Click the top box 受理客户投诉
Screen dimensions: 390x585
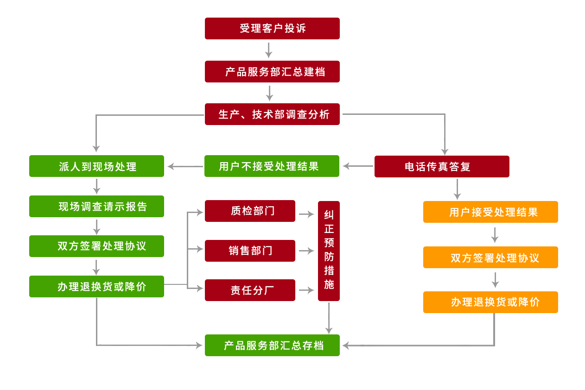tap(272, 28)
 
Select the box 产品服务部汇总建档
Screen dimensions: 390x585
tap(272, 71)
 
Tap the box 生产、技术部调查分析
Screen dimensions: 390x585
tap(272, 114)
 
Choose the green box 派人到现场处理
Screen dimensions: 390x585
tap(96, 166)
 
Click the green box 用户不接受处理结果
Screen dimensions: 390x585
tap(272, 166)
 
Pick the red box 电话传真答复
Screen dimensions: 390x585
tap(442, 166)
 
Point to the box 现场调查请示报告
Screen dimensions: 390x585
tap(96, 206)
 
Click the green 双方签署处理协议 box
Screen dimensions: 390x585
tap(96, 246)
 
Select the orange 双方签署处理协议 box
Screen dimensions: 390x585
tap(490, 257)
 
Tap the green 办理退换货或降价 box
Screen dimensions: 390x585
tap(96, 286)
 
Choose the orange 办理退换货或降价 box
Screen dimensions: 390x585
tap(490, 302)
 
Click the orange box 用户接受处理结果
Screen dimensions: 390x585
tap(490, 212)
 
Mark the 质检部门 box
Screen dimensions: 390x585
tap(250, 211)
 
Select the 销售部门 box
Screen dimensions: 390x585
tap(250, 251)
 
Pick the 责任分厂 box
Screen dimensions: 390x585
tap(250, 290)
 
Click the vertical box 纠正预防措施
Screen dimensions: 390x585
tap(329, 251)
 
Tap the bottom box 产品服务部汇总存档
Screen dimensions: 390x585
tap(272, 345)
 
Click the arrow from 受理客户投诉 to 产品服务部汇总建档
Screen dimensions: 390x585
tap(269, 50)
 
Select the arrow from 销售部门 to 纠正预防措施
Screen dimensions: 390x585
tap(306, 251)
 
